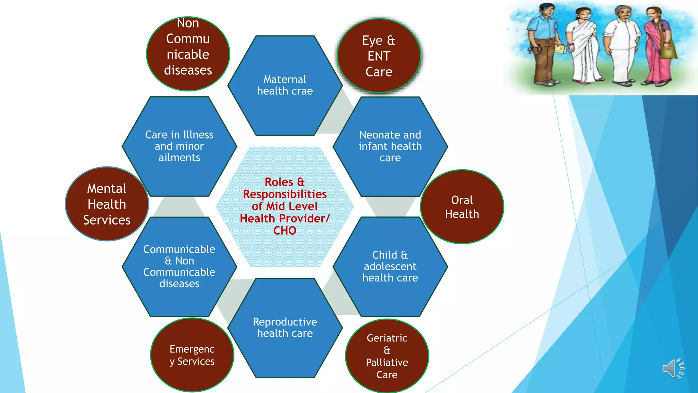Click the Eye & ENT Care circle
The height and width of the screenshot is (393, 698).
pos(379,56)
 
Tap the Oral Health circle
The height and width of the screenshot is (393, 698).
pos(462,207)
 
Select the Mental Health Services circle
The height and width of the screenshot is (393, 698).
pos(107,204)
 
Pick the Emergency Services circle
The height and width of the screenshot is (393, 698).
pos(192,355)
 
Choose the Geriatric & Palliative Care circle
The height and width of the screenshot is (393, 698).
pos(387,356)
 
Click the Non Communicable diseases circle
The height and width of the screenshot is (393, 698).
pos(188,54)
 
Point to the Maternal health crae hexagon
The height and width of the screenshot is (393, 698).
pos(285,85)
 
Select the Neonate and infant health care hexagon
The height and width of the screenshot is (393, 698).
pos(390,146)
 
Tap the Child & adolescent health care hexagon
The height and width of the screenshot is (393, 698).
pos(390,266)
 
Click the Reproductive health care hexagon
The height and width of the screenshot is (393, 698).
pos(285,327)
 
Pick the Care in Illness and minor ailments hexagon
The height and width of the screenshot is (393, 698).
pos(179,146)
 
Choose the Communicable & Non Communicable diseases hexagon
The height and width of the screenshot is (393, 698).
pos(179,266)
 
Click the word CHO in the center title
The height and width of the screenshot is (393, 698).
pos(285,231)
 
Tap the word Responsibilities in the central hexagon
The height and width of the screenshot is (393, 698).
pos(285,194)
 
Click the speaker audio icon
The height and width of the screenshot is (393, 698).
pos(673,368)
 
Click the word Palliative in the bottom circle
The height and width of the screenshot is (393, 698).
pos(387,362)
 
